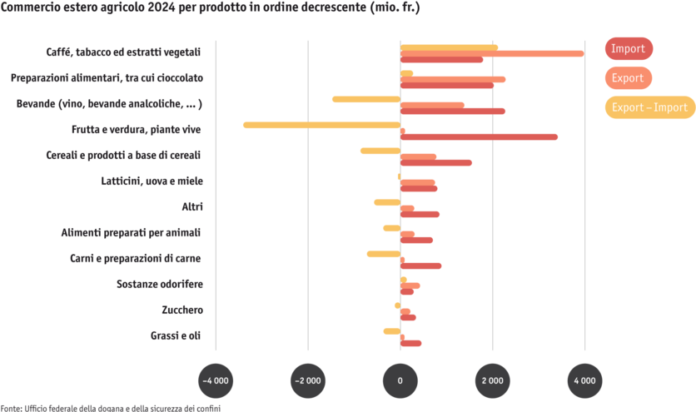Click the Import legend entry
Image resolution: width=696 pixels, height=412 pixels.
tap(629, 49)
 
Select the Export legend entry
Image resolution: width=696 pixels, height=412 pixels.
tap(628, 78)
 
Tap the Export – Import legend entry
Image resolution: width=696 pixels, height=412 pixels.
tap(649, 107)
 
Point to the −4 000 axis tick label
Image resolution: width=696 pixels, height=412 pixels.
tap(215, 380)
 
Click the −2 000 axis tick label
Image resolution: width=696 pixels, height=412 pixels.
tap(307, 380)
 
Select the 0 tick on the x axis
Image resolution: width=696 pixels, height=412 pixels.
tap(400, 380)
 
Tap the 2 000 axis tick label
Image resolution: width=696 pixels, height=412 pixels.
tap(492, 380)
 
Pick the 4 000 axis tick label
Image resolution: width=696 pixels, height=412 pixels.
tap(584, 380)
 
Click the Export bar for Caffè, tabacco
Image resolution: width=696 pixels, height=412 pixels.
tap(492, 53)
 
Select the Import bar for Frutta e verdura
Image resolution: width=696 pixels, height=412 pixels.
tap(480, 137)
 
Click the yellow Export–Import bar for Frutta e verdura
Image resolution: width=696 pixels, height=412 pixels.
tap(321, 125)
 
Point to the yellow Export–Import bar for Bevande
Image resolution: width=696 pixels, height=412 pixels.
tap(365, 99)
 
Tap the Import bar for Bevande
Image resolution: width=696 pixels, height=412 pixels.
tap(453, 111)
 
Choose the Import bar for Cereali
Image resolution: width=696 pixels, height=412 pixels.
tap(436, 162)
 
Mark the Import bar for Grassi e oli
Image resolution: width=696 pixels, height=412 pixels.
tap(411, 343)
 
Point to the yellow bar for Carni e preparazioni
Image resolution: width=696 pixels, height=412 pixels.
tap(383, 254)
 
